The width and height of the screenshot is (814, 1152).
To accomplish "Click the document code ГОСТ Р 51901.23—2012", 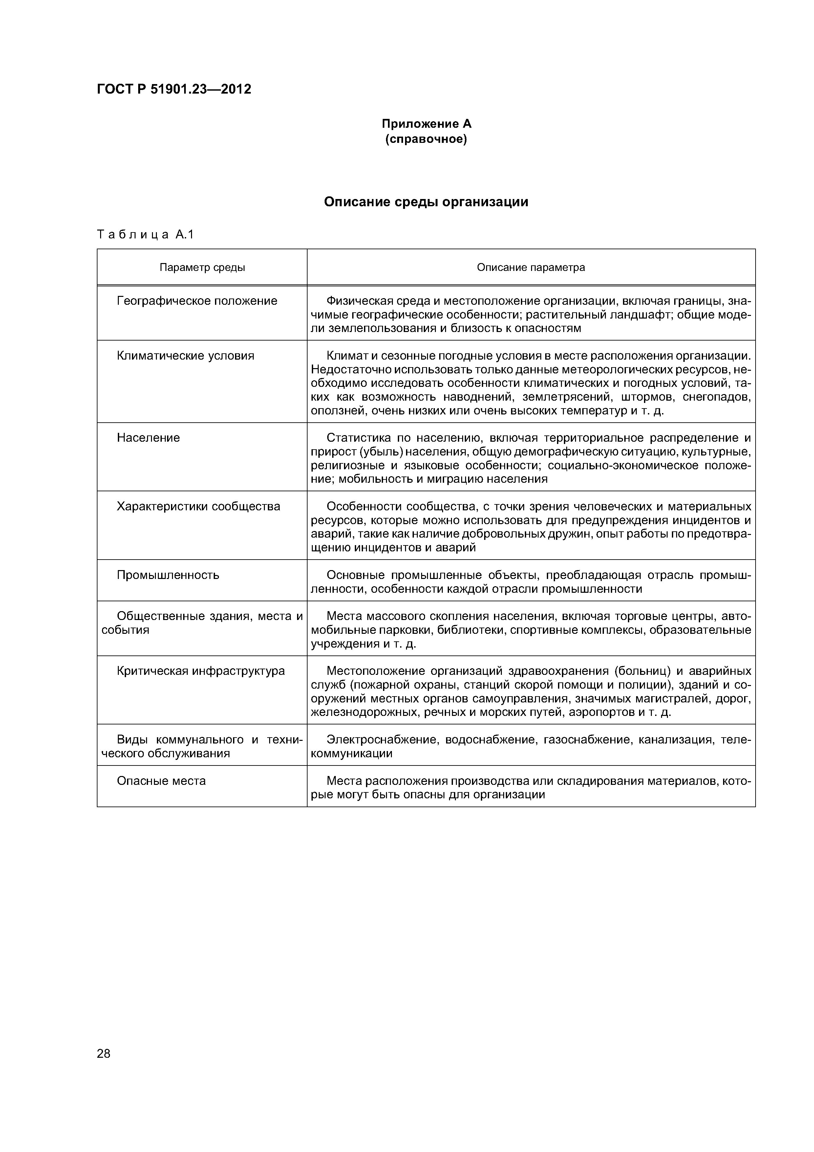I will pos(174,89).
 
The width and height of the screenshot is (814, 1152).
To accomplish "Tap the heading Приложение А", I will pos(426,123).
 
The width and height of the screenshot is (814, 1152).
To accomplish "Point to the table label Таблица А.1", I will pos(145,234).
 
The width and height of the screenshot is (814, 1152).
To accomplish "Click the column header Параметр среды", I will pos(202,267).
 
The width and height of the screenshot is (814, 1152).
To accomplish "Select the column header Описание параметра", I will pos(531,267).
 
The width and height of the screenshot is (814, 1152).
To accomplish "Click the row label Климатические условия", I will pos(185,356).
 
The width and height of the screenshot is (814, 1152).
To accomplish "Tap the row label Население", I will pos(148,438).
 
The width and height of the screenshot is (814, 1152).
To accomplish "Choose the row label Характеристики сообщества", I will pos(198,506).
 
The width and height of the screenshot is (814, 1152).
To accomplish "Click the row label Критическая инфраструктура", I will pos(201,671).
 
